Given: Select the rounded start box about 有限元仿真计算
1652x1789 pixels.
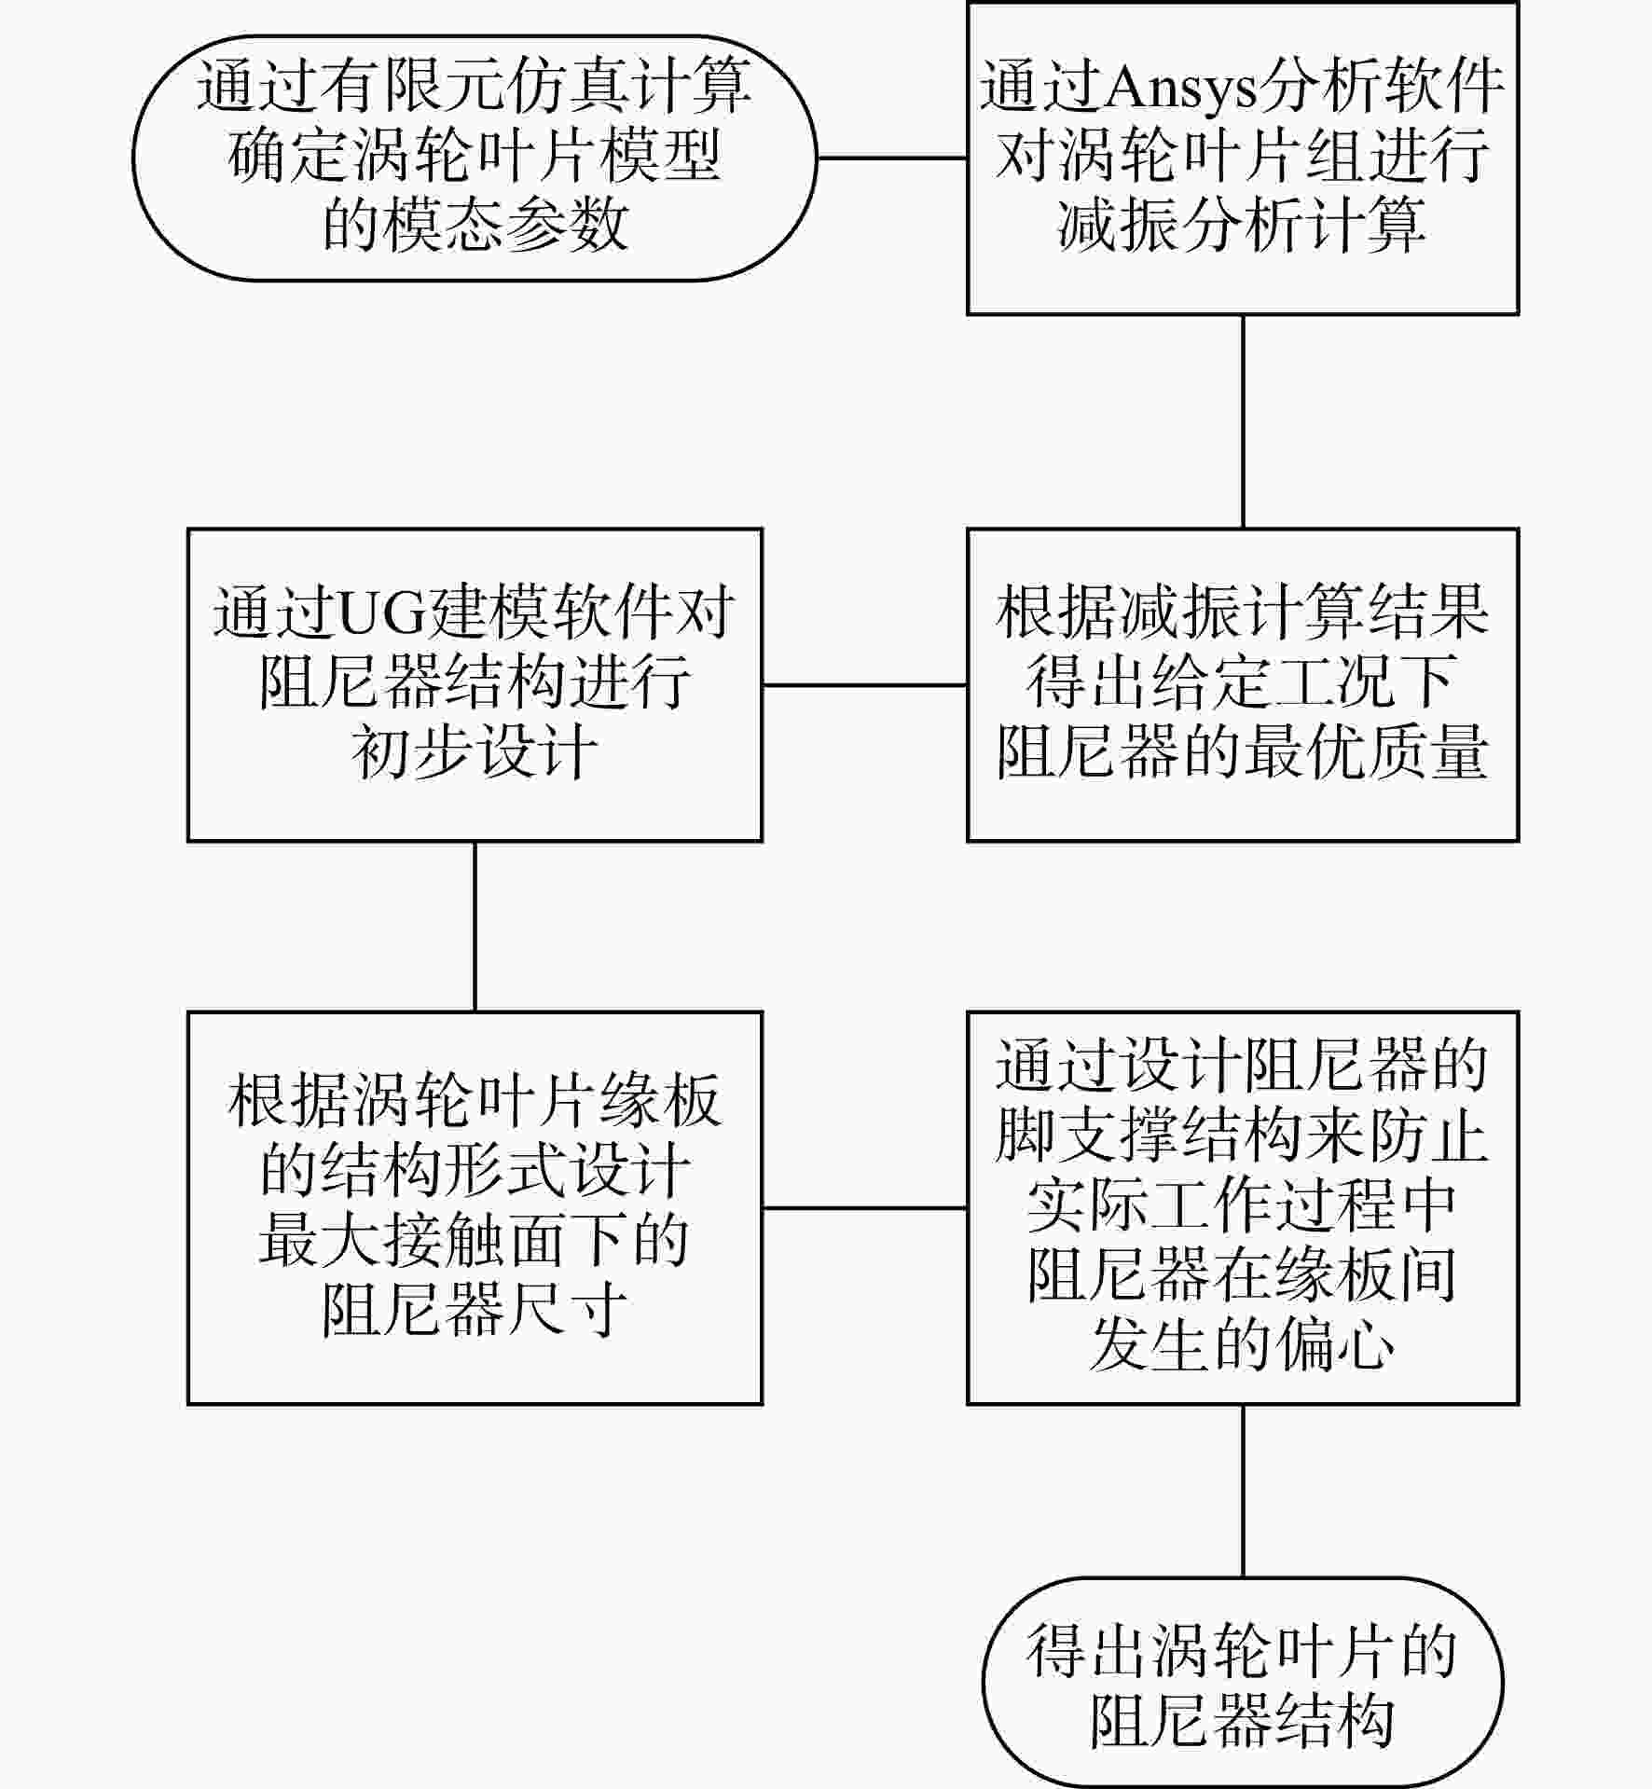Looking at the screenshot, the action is pos(475,158).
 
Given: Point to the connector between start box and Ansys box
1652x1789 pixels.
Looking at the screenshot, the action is pos(892,158).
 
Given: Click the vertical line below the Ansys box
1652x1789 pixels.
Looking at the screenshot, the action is pos(1243,421).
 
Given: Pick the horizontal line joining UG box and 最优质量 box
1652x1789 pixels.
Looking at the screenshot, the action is pos(865,685).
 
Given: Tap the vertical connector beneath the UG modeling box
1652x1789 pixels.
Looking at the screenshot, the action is pos(475,927).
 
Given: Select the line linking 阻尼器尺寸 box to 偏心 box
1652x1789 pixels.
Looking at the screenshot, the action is pos(865,1208).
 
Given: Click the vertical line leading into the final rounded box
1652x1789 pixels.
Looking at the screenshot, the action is pos(1243,1491).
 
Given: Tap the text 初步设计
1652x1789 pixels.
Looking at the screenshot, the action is pos(475,751).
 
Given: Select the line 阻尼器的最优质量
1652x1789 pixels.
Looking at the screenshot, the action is pos(1243,751).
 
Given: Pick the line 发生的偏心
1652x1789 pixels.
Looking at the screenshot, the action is pos(1243,1346).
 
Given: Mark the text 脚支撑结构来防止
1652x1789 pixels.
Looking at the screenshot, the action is pos(1243,1135).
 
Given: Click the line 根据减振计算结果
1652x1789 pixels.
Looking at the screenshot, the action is pos(1243,612).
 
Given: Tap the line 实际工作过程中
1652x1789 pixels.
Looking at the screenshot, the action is pos(1243,1206).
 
